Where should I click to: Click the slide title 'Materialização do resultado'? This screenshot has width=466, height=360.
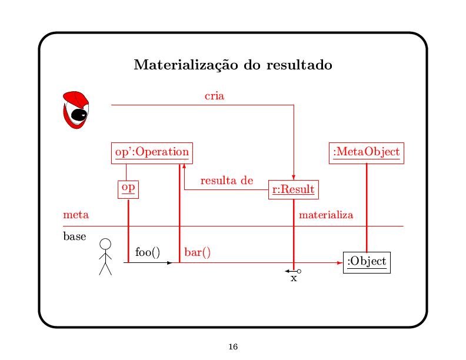233,65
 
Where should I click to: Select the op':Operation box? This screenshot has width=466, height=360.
151,152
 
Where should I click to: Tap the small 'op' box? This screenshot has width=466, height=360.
128,188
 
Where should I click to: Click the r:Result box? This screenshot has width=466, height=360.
293,190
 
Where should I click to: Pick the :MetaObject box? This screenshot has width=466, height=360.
366,152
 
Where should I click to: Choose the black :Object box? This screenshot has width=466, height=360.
367,261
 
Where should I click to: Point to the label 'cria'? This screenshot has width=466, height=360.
214,95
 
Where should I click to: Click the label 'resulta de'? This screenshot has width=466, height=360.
226,181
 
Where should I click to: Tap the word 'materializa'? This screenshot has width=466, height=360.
326,215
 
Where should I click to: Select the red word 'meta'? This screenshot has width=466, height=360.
76,215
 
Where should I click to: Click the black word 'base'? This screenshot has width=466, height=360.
74,237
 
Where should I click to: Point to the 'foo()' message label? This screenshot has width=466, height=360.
147,252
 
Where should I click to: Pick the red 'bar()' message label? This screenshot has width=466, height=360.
198,252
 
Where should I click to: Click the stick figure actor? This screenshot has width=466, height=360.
105,257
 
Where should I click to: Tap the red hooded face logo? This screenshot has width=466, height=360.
75,110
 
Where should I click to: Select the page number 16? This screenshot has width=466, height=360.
233,347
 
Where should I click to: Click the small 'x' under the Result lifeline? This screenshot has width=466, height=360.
294,279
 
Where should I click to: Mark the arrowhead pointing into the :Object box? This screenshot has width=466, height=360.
340,263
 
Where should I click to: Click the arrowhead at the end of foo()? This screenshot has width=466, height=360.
170,263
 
